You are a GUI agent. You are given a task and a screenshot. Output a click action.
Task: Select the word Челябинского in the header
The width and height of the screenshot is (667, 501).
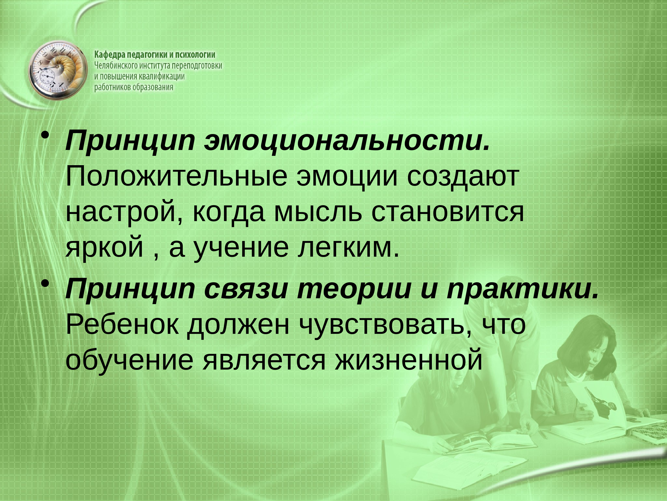pyautogui.click(x=116, y=65)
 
